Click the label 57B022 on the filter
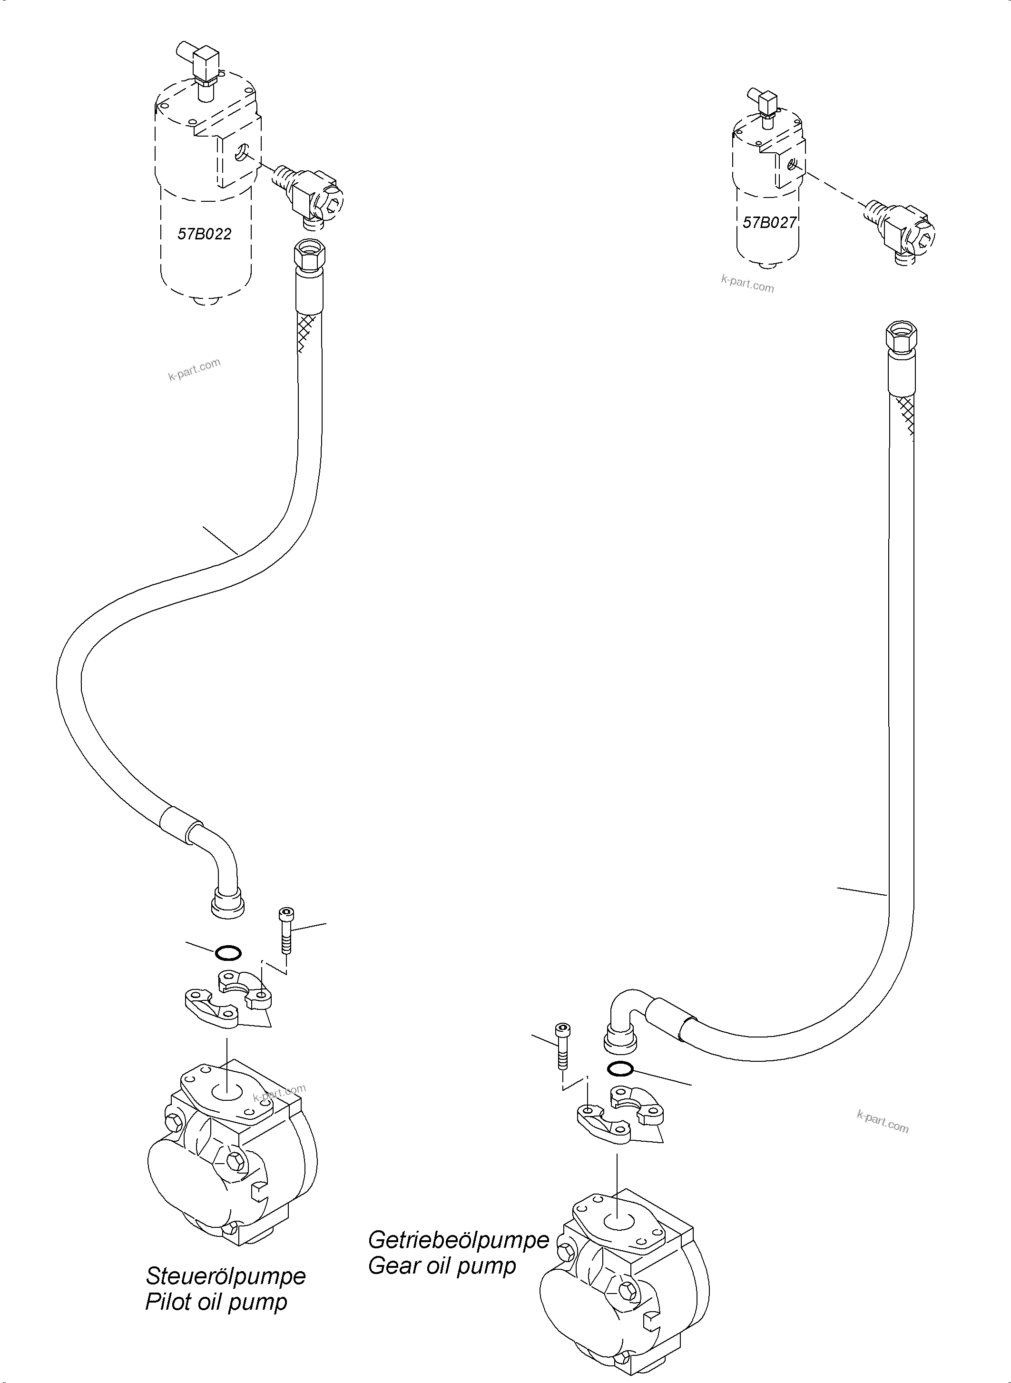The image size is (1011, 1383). (x=205, y=234)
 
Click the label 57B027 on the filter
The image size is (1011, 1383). (x=769, y=222)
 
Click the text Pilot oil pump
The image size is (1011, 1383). (x=216, y=1302)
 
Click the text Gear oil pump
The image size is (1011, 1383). (x=442, y=1265)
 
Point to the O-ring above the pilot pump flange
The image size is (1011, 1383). (x=228, y=953)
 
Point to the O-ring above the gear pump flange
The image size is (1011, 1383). (x=620, y=1068)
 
